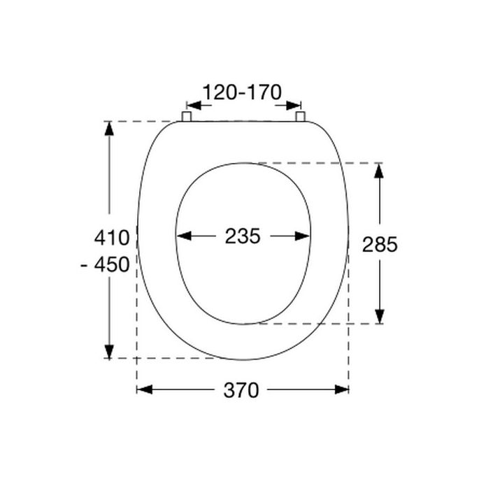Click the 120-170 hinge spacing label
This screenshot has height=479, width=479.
241,92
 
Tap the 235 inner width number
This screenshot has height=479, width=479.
243,236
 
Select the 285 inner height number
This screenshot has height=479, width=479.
380,244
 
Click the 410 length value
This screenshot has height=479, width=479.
112,238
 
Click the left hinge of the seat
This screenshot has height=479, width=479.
187,116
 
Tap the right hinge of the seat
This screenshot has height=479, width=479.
300,116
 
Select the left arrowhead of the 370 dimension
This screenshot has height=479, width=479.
143,389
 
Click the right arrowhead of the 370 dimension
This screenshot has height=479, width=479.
343,389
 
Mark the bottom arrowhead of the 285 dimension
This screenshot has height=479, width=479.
378,317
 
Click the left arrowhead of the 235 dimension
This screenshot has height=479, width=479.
183,236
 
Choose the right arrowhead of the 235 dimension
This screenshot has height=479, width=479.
303,236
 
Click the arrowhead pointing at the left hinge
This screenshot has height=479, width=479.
192,106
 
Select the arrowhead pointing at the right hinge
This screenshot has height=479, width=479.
294,106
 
